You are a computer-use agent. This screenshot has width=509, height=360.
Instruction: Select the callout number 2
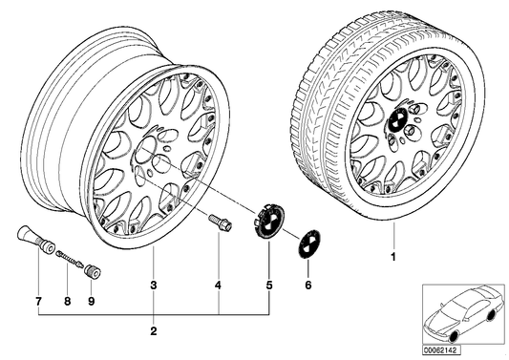pos(154,330)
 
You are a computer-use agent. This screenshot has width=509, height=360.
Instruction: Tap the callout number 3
pos(154,284)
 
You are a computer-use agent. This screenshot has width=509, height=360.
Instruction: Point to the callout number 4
pos(219,284)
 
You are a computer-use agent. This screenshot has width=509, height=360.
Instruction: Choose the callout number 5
pos(268,284)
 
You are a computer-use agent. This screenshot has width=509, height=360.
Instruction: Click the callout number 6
pos(307,284)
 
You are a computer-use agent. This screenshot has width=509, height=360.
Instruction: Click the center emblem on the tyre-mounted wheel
pos(394,121)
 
